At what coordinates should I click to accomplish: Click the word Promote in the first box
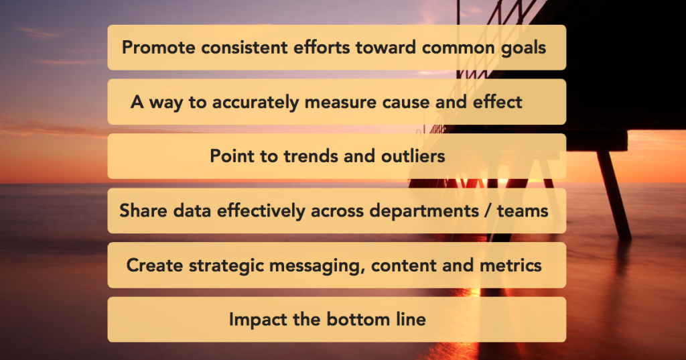coord(158,48)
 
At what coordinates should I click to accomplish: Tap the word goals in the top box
coord(523,48)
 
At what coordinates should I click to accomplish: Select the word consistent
coord(244,48)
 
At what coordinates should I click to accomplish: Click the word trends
coord(311,156)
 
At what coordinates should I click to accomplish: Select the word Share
coord(143,211)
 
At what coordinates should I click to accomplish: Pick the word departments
coord(424,211)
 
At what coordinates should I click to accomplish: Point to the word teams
coord(523,211)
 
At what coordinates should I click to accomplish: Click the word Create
coord(155,265)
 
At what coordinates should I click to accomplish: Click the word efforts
coord(322,48)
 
